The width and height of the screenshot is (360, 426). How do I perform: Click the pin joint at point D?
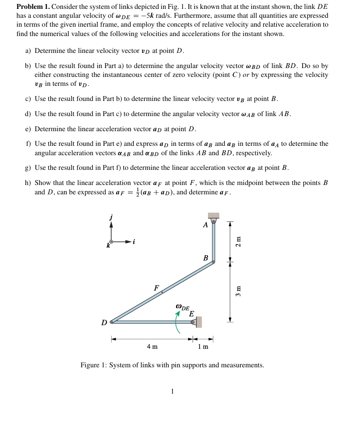pos(112,321)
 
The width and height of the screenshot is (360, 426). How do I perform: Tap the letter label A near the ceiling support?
pos(205,225)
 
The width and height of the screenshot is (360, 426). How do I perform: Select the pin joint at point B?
pos(213,262)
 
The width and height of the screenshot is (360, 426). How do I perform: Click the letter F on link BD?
pos(156,288)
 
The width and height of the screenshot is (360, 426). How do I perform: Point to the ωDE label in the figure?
pos(182,307)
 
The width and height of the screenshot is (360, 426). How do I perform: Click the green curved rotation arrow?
pos(177,322)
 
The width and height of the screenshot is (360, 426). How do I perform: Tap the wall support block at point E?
pos(199,322)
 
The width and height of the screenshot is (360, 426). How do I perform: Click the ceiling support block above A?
pos(213,215)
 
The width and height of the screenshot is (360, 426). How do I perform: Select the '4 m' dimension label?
pos(152,346)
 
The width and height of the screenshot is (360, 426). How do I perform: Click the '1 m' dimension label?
pos(203,346)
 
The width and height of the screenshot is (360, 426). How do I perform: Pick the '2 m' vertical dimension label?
pos(239,241)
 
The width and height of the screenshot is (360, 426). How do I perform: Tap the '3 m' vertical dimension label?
pos(239,291)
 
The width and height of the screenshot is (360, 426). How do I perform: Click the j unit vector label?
pos(111,217)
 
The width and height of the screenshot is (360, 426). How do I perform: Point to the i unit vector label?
pos(134,241)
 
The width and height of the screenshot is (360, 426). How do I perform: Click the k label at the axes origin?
pos(108,245)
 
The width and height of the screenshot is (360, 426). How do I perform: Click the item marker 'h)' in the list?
pos(28,183)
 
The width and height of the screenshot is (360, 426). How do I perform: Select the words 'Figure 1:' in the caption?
pos(94,365)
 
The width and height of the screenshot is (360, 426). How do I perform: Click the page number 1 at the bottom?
pos(172,391)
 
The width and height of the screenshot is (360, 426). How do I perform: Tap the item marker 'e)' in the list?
pos(28,129)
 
